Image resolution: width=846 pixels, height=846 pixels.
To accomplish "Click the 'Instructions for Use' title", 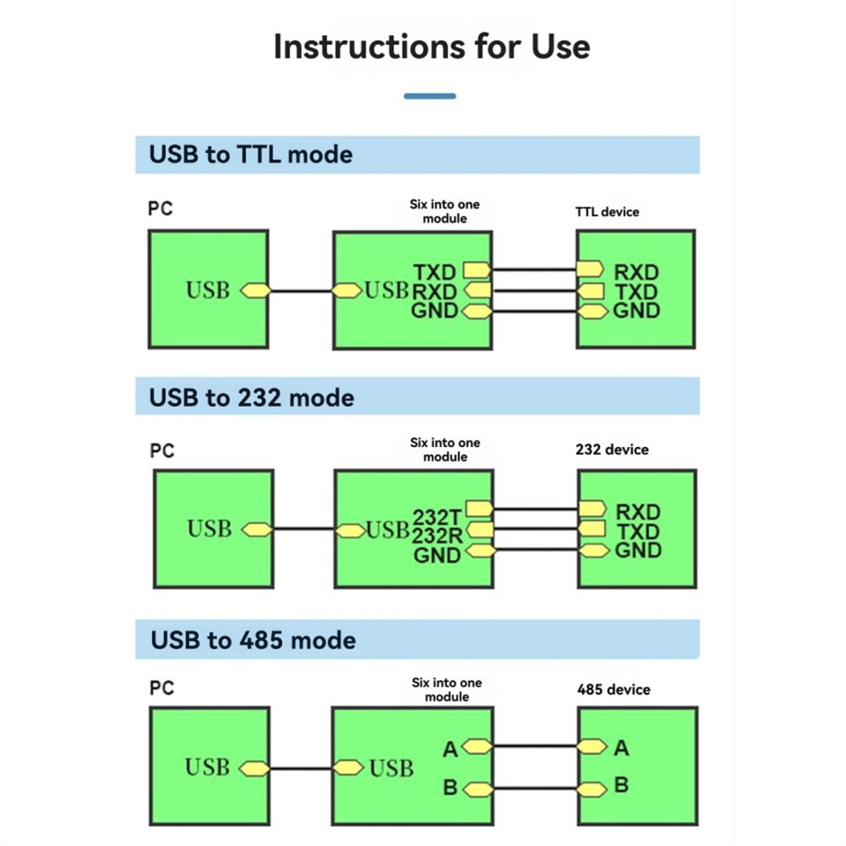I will [432, 46].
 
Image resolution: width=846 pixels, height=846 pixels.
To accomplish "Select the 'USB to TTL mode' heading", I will [250, 155].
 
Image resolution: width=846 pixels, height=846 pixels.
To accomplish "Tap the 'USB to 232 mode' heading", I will [251, 397].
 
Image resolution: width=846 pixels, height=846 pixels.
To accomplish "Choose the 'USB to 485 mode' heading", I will [253, 640].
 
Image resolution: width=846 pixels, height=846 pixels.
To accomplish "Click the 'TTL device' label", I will [607, 211].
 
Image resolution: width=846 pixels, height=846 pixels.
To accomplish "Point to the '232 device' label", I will [613, 449].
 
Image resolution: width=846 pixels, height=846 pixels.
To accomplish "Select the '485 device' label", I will [614, 690].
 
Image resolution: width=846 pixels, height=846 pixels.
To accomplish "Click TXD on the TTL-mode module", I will [435, 273].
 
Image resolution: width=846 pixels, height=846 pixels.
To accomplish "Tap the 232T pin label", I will [437, 517].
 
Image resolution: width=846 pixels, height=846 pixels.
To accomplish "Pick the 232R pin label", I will [437, 537].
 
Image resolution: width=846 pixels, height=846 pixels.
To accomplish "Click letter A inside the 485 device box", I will [621, 749].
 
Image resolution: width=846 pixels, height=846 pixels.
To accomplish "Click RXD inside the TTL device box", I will [637, 273].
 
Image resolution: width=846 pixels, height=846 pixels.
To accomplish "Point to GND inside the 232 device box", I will [637, 551].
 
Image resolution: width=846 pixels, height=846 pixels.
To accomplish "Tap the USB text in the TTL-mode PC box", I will [208, 291].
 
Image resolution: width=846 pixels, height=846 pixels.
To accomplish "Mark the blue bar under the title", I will [430, 97].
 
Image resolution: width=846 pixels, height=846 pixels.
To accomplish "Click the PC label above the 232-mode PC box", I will [162, 450].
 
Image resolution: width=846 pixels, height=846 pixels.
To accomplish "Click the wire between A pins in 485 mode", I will [535, 747].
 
